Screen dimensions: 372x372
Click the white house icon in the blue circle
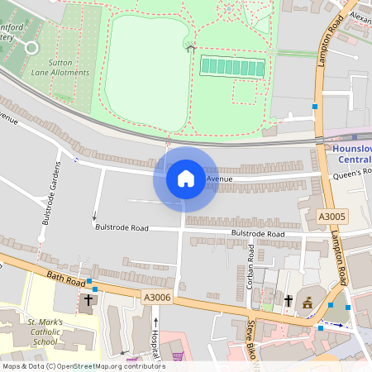tap(185, 179)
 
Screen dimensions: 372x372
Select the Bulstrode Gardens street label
tap(50, 194)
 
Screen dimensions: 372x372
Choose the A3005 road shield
tap(331, 216)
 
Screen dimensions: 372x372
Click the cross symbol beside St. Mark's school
tap(88, 300)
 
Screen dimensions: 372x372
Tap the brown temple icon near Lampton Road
tap(308, 303)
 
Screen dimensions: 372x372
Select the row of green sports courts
tap(232, 66)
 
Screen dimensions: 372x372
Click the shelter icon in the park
tap(191, 46)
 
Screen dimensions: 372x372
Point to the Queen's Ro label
tap(353, 172)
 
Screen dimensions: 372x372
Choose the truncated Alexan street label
tap(359, 16)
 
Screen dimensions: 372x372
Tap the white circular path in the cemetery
tap(31, 47)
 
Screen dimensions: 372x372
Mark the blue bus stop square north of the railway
tap(314, 107)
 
